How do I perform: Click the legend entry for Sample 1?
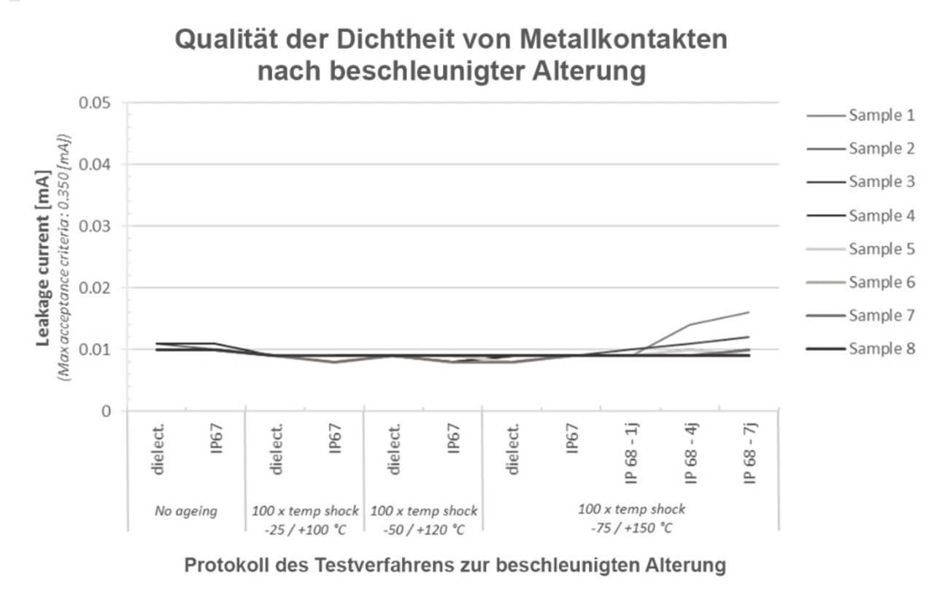881,115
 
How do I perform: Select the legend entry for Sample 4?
881,216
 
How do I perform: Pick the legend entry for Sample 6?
881,282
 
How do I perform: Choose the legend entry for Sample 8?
881,349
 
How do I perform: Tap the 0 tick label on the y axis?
107,411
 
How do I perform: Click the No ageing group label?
186,511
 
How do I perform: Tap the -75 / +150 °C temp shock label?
631,518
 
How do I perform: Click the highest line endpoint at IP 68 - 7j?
749,312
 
